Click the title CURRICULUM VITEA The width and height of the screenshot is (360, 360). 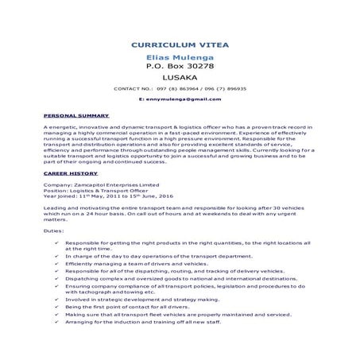point(180,45)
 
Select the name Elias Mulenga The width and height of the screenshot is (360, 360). point(180,58)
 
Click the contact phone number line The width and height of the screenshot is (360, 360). point(180,89)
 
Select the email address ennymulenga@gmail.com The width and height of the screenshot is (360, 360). point(180,100)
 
